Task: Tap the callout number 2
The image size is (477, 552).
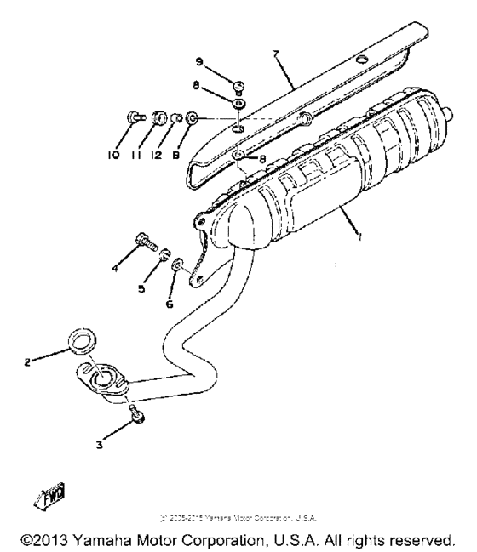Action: [x=27, y=362]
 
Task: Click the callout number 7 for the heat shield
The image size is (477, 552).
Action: [x=275, y=54]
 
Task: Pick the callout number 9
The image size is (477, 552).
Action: [x=198, y=61]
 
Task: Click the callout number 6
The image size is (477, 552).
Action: [x=170, y=302]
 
